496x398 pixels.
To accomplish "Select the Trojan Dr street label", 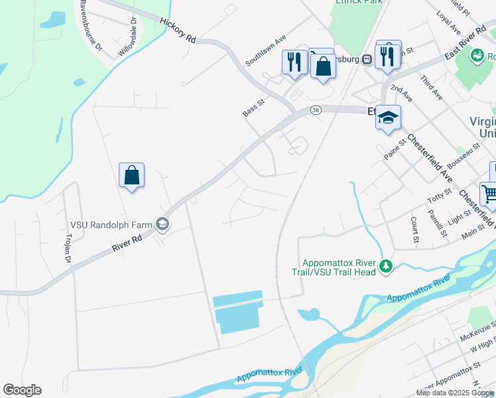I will pyautogui.click(x=68, y=248).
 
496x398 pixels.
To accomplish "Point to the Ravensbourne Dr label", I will pyautogui.click(x=91, y=26).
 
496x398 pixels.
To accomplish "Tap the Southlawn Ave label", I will pyautogui.click(x=265, y=50).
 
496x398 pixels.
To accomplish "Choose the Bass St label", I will pyautogui.click(x=253, y=107).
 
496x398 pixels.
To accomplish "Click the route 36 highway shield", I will pyautogui.click(x=316, y=110).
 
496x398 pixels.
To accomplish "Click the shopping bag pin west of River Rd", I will pyautogui.click(x=132, y=176).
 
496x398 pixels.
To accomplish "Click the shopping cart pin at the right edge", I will pyautogui.click(x=491, y=194).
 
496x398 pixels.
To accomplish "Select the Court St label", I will pyautogui.click(x=414, y=230).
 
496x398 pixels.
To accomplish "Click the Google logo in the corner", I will pyautogui.click(x=22, y=390).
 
